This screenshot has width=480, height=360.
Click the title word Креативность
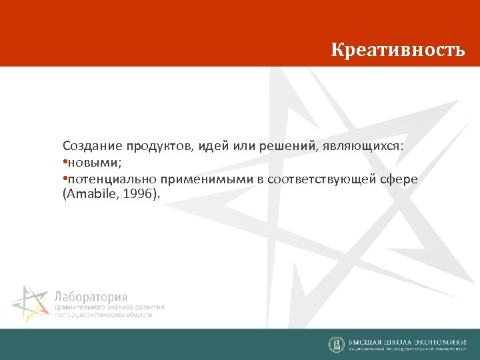[398, 51]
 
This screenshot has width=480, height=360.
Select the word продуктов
[149, 145]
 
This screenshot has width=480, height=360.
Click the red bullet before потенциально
[65, 179]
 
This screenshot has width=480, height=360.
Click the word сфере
[399, 179]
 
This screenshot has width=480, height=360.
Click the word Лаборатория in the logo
[90, 297]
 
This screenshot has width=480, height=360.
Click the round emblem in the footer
[336, 344]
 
